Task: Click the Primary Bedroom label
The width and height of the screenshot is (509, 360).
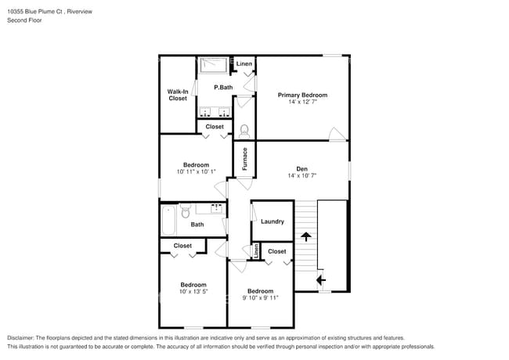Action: coord(302,95)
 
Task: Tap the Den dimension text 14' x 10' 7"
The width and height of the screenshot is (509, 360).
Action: coord(302,176)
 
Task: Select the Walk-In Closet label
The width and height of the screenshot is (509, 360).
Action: coord(178,95)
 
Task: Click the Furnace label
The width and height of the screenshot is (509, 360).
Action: coord(245,159)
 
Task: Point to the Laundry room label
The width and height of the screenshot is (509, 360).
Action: coord(273,221)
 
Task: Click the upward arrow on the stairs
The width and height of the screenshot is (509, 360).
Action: coord(306,236)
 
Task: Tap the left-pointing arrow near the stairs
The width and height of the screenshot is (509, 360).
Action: coord(321,279)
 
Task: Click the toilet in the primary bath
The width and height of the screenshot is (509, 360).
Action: coord(244,131)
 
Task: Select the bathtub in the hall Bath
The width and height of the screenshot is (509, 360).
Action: coord(169,220)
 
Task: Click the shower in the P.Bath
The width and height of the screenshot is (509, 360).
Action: coord(213,66)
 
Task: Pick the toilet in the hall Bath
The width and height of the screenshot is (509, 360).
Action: coord(186,211)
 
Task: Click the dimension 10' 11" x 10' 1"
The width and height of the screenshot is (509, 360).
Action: coord(196,172)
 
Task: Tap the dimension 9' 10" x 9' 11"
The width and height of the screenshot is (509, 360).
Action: coord(260,297)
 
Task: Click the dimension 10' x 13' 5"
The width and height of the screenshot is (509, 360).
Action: coord(193,292)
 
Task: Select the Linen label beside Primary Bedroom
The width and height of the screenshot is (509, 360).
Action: coord(244,63)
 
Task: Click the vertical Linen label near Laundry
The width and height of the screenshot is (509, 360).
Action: coord(256,251)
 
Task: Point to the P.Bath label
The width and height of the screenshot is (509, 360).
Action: coord(223,87)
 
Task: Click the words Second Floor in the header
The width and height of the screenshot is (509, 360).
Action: coord(24,20)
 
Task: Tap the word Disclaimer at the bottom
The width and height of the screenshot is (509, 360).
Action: coord(20,338)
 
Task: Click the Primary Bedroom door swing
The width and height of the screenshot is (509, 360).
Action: coord(337,134)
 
